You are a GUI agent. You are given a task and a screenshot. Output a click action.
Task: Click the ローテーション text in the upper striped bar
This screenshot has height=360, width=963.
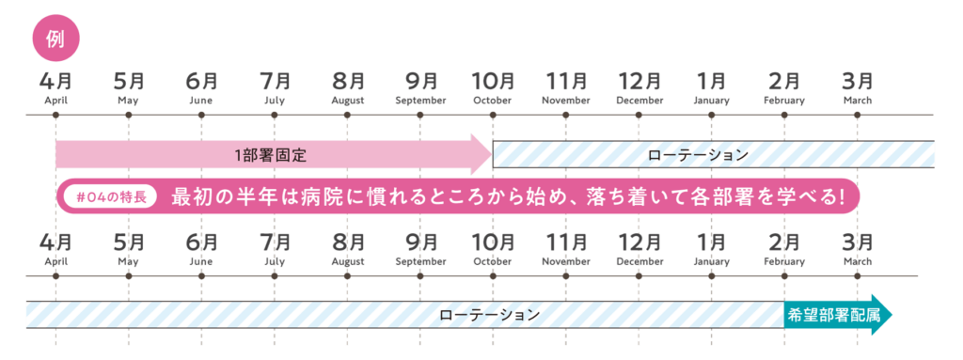(x=698, y=154)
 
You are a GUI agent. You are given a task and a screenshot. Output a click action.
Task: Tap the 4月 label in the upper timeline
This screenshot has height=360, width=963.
(x=55, y=81)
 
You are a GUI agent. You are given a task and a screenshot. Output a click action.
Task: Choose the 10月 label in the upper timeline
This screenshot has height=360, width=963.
(x=493, y=81)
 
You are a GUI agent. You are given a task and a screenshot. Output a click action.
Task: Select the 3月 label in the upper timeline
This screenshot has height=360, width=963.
(x=856, y=81)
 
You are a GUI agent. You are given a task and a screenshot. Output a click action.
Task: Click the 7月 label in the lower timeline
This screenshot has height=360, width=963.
(x=275, y=243)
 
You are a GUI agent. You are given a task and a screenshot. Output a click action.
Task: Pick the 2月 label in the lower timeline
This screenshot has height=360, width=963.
(x=784, y=243)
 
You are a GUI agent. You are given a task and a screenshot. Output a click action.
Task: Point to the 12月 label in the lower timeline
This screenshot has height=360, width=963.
(x=639, y=243)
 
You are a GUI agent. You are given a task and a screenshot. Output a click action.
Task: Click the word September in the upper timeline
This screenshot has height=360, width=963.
(x=420, y=101)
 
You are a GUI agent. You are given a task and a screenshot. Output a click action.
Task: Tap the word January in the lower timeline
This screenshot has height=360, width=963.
(x=711, y=262)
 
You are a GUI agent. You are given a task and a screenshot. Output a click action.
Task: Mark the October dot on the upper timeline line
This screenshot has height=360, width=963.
(x=493, y=115)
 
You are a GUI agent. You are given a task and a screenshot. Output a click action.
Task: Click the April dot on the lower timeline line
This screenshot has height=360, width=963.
(x=55, y=276)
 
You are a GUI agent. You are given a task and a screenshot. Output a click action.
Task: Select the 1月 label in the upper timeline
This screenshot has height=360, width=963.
(x=711, y=81)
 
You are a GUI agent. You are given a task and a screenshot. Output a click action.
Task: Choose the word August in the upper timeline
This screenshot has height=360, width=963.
(x=348, y=101)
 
